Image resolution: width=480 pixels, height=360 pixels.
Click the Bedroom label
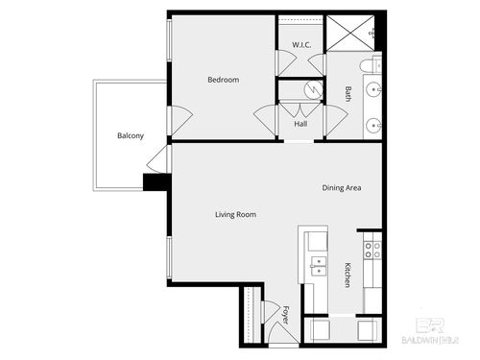tap(223, 80)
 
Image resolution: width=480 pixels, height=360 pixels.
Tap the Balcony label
tap(131, 135)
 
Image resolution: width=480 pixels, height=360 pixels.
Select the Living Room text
tap(235, 214)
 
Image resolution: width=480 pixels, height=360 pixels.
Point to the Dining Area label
tap(341, 188)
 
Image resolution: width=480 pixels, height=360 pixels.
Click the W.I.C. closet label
tap(300, 45)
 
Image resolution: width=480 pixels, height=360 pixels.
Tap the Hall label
tap(300, 124)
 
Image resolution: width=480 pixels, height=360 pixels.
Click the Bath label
tap(348, 93)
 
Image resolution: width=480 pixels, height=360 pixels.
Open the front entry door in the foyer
tap(276, 334)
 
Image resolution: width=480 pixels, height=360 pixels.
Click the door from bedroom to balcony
tap(173, 120)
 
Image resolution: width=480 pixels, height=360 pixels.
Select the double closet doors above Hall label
tap(300, 108)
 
